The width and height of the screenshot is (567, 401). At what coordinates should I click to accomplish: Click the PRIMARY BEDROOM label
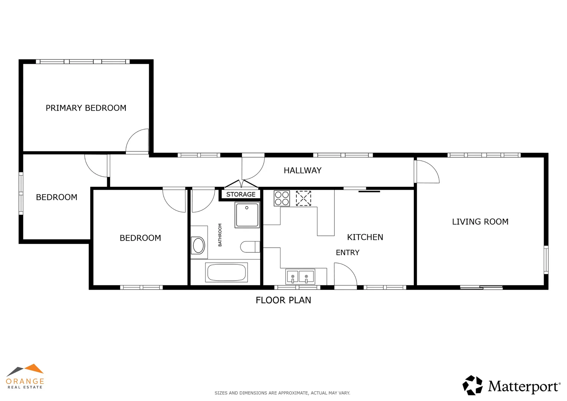click(86, 108)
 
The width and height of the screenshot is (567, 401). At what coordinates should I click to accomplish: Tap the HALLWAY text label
click(302, 170)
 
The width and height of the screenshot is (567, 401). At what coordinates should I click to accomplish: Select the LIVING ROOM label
click(480, 222)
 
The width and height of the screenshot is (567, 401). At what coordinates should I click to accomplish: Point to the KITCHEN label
click(365, 237)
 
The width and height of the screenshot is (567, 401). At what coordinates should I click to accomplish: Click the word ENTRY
click(347, 252)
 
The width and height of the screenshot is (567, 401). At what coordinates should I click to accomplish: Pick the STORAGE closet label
click(241, 194)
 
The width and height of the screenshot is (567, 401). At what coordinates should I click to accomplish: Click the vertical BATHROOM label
click(220, 235)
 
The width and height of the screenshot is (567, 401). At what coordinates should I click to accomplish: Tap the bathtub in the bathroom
click(226, 273)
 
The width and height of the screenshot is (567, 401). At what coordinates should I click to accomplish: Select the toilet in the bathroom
click(250, 247)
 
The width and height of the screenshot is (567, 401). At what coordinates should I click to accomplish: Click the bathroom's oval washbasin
click(199, 245)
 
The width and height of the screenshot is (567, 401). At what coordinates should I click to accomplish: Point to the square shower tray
click(247, 215)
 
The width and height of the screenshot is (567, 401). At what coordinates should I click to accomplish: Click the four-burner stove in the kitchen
click(282, 198)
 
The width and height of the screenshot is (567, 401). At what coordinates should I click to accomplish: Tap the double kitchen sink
click(300, 277)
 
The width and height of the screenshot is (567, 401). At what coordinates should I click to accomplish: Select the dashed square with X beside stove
click(303, 198)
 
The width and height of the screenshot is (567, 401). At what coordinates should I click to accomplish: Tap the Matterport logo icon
click(472, 385)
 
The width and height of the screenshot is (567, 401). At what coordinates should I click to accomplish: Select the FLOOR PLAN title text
click(283, 300)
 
